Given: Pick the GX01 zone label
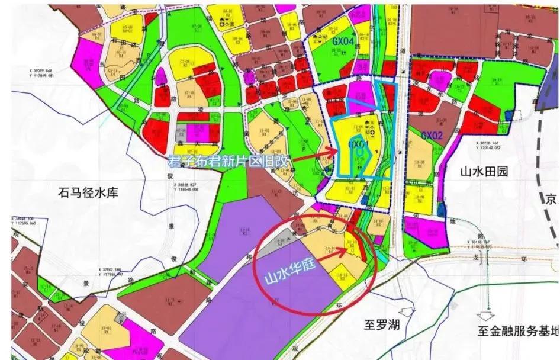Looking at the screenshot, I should (359, 144).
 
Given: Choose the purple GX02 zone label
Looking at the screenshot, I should (432, 135).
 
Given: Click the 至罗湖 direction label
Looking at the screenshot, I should (383, 325).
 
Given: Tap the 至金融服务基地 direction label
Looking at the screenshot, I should (519, 330).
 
